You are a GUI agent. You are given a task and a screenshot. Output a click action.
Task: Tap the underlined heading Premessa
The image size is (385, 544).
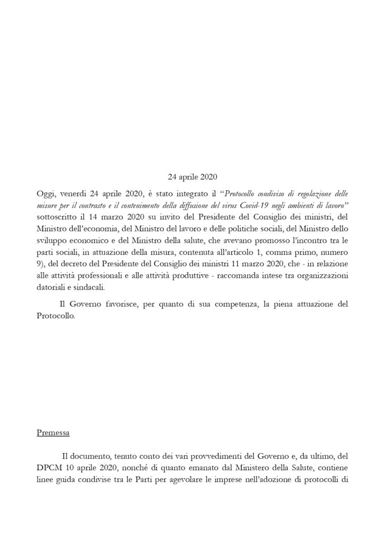click(53, 433)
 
